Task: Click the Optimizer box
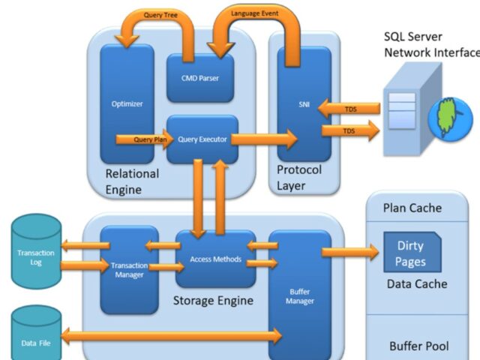127,103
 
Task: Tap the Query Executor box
202,139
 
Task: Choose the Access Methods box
215,259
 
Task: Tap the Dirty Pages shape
410,253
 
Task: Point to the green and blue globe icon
449,116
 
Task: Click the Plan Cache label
412,208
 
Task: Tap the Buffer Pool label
418,346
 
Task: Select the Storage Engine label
213,301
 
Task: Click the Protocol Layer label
298,177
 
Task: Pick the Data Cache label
417,284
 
